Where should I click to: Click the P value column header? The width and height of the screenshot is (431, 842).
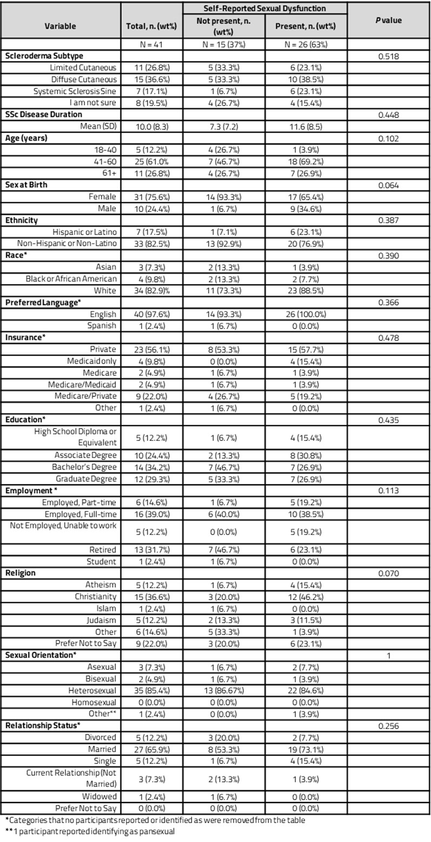(x=389, y=21)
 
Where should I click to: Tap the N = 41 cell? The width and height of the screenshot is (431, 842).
(x=151, y=44)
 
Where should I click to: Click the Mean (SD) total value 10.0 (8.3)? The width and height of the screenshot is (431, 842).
(x=151, y=126)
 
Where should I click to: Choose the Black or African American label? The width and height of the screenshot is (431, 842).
(x=71, y=279)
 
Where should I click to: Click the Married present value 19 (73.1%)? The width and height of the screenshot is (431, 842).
(x=306, y=748)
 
